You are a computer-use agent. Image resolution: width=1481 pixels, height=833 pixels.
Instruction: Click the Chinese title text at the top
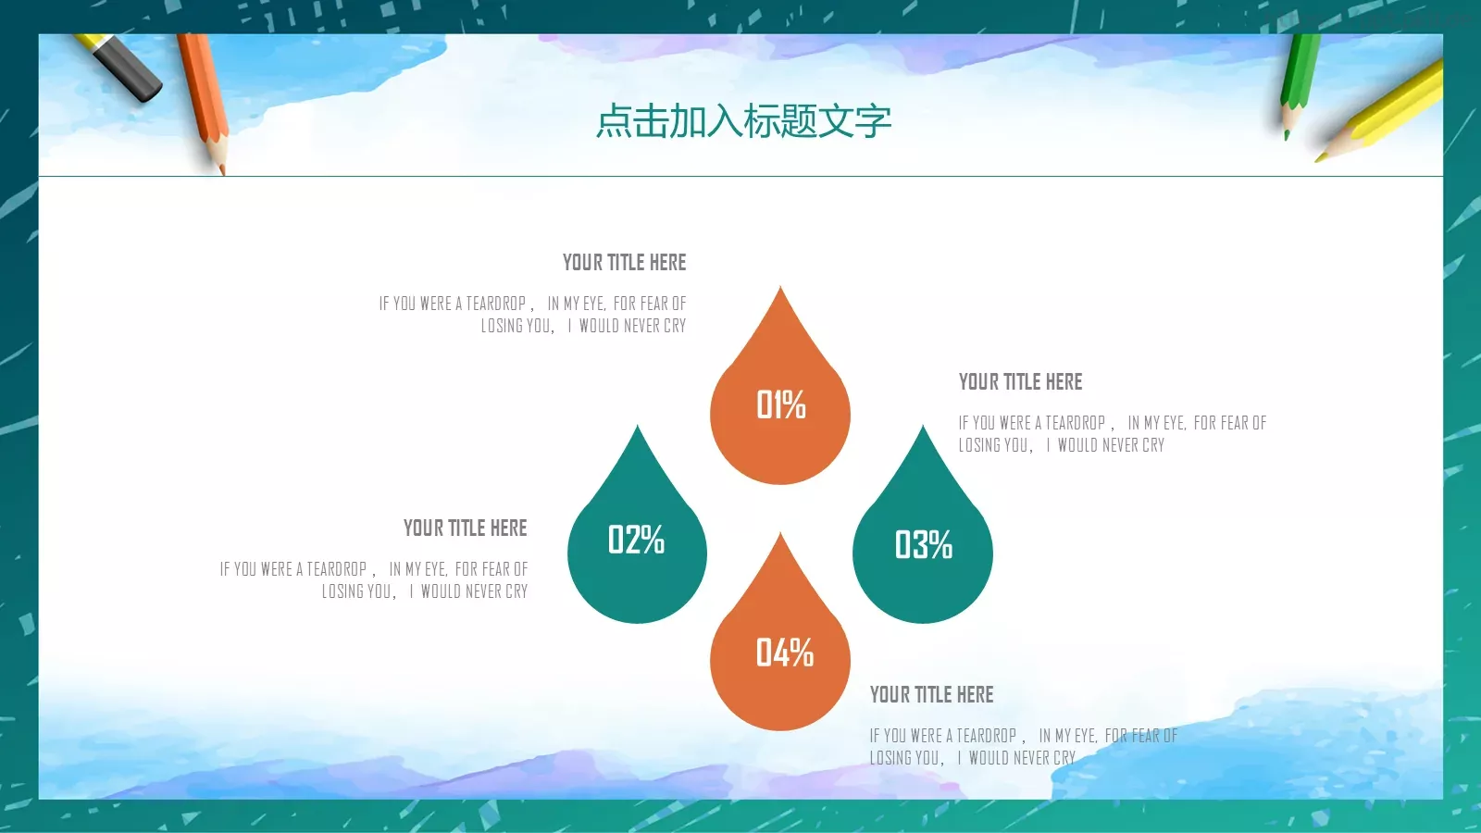pos(743,121)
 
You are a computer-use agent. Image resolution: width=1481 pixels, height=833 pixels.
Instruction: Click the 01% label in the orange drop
pos(780,404)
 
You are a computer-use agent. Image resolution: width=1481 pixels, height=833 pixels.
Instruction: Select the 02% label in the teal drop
pos(636,540)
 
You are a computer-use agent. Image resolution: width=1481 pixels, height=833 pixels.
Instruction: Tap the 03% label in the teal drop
pos(923,544)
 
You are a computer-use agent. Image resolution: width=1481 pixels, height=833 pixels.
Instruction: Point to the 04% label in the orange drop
pos(784,653)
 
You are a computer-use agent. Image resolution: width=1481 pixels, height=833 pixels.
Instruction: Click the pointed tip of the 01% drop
pos(780,290)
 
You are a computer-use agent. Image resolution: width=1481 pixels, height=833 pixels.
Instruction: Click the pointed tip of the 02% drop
pos(637,429)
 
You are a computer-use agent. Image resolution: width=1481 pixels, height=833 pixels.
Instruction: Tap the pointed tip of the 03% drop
pos(922,429)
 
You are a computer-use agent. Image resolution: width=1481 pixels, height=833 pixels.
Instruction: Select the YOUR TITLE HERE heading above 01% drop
pos(624,263)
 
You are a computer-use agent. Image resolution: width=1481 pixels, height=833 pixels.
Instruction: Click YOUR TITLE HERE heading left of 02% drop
pos(465,528)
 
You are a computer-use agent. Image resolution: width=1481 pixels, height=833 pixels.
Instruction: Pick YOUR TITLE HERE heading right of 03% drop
pos(1020,382)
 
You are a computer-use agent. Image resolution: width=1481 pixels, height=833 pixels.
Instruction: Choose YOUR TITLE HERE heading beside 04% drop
pos(931,695)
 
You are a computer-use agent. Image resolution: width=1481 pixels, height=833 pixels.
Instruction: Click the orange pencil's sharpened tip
pos(221,168)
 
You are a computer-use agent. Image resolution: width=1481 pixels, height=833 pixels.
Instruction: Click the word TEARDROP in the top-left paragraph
pos(495,304)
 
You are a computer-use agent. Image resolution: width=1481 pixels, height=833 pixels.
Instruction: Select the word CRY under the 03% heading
pos(1153,445)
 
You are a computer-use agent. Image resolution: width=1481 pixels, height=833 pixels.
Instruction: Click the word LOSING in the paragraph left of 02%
pos(343,591)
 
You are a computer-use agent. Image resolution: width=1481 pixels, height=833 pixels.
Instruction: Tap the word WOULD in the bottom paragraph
pos(989,758)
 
